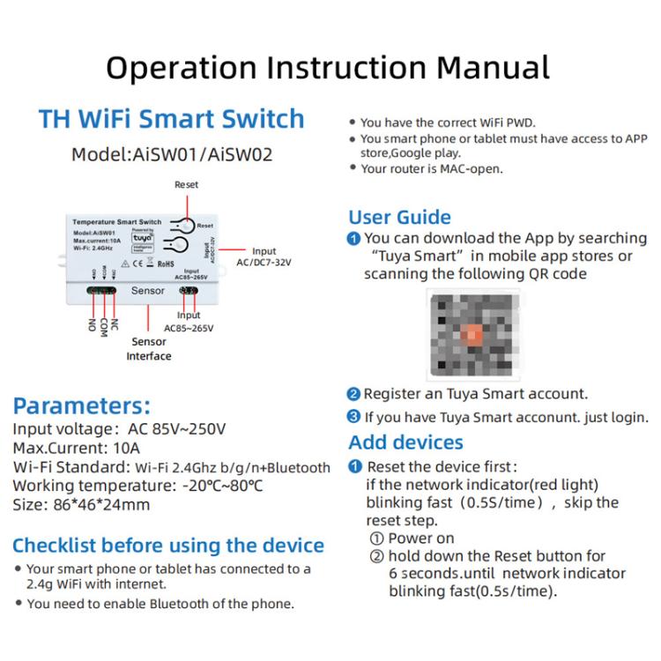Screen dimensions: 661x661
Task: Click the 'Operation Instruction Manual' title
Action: (x=328, y=67)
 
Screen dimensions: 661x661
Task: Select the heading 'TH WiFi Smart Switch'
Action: (x=171, y=119)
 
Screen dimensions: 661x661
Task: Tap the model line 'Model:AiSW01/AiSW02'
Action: (x=172, y=154)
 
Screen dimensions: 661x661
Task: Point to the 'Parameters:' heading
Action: (x=81, y=406)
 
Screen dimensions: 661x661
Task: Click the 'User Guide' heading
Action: (x=399, y=217)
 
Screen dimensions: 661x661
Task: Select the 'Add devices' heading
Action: (x=405, y=442)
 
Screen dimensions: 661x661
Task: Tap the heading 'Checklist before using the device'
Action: (x=167, y=545)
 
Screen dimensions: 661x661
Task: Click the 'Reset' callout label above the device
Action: (x=186, y=185)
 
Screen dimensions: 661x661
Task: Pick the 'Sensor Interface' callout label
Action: (x=148, y=349)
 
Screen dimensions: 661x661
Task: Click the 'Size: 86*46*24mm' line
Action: (x=81, y=505)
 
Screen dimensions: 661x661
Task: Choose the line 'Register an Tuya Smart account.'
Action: (x=475, y=394)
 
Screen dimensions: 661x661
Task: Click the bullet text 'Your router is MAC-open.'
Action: (x=432, y=168)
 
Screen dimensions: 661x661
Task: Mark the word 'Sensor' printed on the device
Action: (x=147, y=290)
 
